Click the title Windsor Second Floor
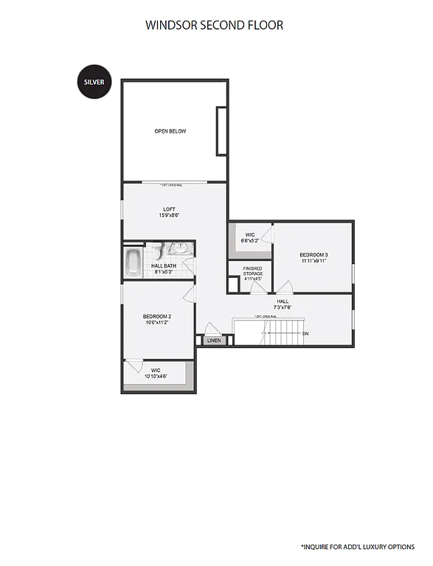214,25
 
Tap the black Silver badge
94,82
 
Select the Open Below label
170,131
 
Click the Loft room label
169,209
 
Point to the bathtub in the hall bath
134,262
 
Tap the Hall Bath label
164,266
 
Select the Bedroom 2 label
157,317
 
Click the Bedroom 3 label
314,255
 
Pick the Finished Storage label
253,270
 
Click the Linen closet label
214,341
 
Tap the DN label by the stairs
305,334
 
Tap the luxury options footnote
358,547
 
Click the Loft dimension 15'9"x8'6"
169,216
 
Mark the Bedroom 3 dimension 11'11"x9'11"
314,262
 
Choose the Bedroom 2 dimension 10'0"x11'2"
157,323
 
